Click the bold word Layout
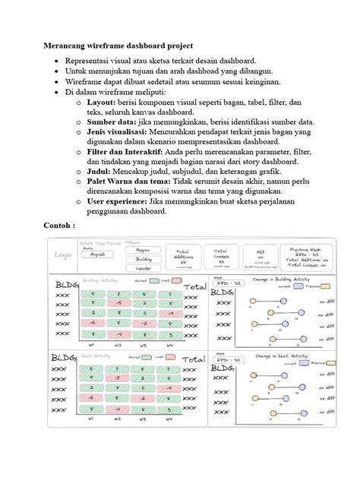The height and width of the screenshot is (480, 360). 101,100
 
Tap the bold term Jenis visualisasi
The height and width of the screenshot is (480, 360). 118,131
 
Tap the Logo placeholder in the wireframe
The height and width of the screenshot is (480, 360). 64,255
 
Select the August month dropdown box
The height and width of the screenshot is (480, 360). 97,255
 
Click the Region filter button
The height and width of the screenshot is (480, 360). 143,249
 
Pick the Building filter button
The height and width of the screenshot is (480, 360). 143,259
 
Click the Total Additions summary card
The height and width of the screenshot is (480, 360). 182,257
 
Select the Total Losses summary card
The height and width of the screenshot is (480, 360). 221,257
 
